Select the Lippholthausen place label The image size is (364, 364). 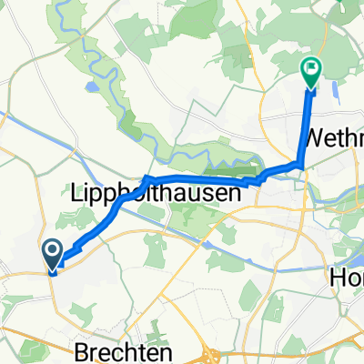(155, 194)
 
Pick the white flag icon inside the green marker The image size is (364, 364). (311, 66)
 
